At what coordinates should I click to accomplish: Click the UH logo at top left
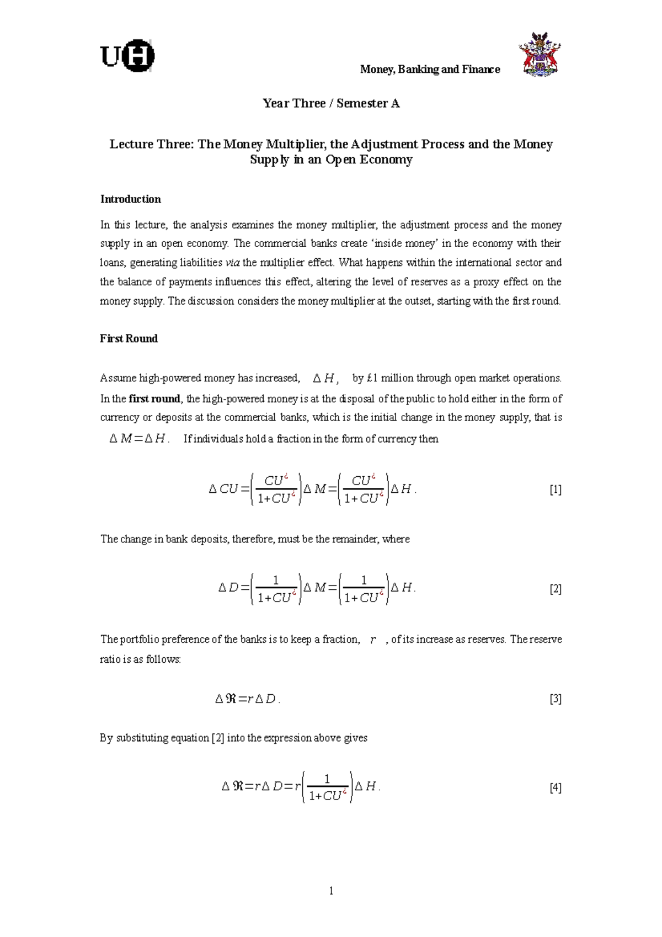(x=127, y=56)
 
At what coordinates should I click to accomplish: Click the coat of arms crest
(x=539, y=55)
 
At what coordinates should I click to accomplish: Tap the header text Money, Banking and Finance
(x=430, y=70)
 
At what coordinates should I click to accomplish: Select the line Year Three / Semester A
(x=331, y=103)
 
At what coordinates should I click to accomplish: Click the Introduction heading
(x=130, y=199)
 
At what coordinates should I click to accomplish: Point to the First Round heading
(x=129, y=339)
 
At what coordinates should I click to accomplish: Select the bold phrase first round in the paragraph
(x=154, y=399)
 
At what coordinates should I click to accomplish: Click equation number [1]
(x=556, y=489)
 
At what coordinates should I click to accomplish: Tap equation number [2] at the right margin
(x=556, y=589)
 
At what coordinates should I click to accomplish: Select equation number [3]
(x=556, y=699)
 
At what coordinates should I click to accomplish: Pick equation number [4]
(x=556, y=787)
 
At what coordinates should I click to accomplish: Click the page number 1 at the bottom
(x=331, y=891)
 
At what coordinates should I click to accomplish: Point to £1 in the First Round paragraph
(x=373, y=379)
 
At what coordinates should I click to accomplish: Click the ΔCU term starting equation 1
(x=223, y=489)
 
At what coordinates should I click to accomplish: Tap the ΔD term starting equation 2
(x=228, y=588)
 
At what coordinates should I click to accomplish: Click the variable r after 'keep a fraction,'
(x=373, y=640)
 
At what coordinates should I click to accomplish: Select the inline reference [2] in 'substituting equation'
(x=218, y=738)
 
